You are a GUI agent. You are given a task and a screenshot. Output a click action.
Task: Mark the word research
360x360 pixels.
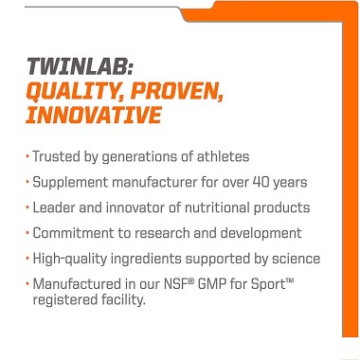click(x=167, y=232)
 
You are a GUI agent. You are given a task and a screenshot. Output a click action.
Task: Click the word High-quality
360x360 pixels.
click(x=78, y=258)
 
